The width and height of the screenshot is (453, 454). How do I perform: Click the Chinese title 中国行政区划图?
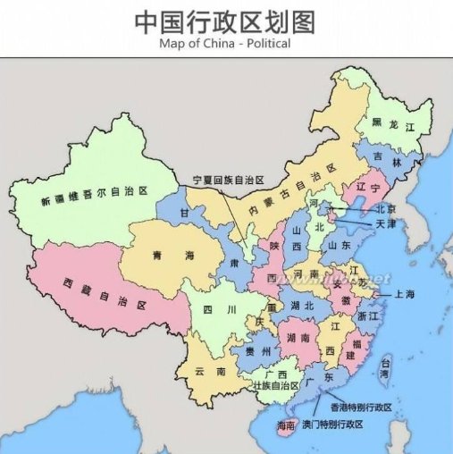pyautogui.click(x=226, y=21)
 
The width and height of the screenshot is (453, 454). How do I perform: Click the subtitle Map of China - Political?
pyautogui.click(x=226, y=42)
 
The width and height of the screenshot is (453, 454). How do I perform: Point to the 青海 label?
pyautogui.click(x=170, y=255)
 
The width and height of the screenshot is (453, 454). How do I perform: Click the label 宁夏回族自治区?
pyautogui.click(x=229, y=181)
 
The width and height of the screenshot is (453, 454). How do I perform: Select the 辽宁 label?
pyautogui.click(x=369, y=189)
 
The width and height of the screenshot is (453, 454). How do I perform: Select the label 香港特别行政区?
pyautogui.click(x=361, y=408)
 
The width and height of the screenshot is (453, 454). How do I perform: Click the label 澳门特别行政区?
pyautogui.click(x=332, y=423)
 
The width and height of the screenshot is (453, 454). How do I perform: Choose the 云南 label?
pyautogui.click(x=208, y=370)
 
